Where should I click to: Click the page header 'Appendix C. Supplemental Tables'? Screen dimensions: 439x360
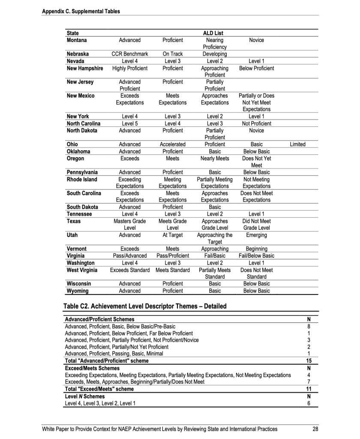coord(81,11)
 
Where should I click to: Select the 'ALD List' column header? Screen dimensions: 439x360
coord(213,33)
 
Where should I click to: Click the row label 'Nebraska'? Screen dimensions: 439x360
coord(78,54)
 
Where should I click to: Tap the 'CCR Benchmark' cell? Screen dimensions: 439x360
coord(129,54)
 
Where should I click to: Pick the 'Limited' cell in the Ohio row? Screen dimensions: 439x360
coord(297,144)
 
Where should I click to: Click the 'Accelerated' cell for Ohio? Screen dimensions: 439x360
coord(173,144)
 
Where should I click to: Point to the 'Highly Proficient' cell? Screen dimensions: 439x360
coord(129,68)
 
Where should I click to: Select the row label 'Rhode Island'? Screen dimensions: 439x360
coord(82,179)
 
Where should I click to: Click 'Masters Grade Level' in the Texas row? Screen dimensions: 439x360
coord(129,224)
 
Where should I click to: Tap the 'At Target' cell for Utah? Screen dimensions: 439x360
coord(173,235)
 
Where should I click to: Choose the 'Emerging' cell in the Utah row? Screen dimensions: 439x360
coord(256,235)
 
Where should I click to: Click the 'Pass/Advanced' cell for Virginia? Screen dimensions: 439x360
coord(129,256)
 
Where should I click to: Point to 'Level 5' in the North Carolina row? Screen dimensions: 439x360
coord(129,123)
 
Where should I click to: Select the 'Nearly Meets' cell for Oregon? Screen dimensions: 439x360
coord(215,158)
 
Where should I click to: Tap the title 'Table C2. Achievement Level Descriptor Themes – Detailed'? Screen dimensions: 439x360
coord(145,306)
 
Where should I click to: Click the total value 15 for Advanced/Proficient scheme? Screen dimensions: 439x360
coord(309,361)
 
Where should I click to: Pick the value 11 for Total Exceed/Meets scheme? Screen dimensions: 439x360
coord(309,389)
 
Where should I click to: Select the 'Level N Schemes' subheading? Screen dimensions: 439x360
coord(84,396)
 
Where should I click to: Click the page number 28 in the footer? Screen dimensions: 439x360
coord(315,429)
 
